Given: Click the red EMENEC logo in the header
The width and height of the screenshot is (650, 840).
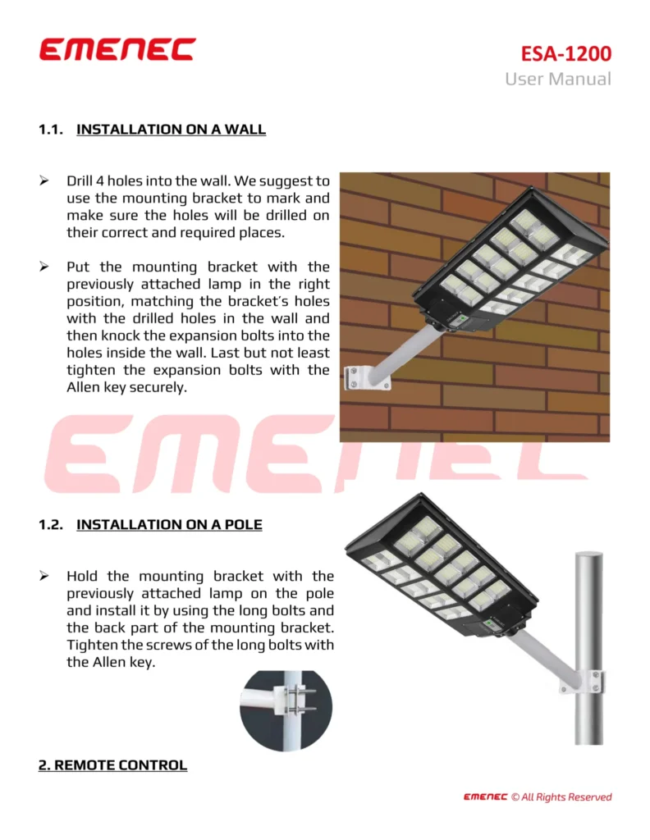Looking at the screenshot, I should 117,49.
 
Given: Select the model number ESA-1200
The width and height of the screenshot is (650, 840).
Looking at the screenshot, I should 566,54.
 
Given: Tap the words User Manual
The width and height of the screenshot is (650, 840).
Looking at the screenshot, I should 558,80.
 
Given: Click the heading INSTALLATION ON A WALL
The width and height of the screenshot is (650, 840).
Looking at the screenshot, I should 171,130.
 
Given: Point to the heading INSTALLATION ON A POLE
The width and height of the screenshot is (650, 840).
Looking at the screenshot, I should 169,525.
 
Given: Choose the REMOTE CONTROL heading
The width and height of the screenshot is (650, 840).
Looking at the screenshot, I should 112,765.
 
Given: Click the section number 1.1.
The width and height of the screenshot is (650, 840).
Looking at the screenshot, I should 51,130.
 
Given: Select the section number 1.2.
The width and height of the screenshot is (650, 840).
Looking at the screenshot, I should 51,525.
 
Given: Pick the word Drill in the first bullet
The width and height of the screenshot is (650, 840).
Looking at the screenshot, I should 82,180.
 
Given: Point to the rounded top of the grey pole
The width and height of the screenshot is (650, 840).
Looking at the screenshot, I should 588,558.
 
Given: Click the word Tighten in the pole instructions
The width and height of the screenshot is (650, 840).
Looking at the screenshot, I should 92,646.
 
